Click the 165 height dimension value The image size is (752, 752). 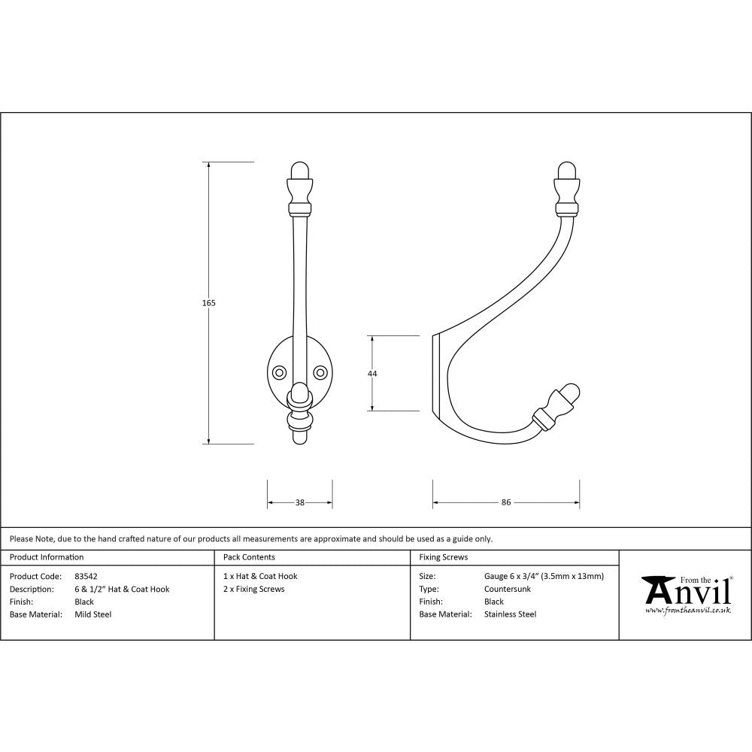[209, 303]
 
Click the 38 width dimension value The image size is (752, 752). [300, 502]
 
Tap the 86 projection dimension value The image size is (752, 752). [506, 502]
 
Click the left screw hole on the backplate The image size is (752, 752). [279, 372]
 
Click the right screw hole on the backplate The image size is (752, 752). [321, 372]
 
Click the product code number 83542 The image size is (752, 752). [86, 576]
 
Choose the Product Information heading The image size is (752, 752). [47, 557]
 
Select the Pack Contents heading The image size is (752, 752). [249, 557]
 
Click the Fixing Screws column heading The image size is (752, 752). [443, 557]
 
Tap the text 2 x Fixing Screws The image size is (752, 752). [254, 589]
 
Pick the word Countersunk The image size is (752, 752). [508, 589]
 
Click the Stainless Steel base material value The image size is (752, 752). [510, 614]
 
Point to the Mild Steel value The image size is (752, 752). [92, 614]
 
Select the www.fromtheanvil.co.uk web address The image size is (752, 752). [688, 611]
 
